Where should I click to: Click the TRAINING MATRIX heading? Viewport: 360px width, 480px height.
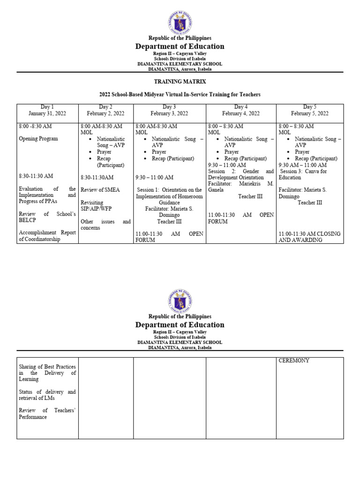pos(180,82)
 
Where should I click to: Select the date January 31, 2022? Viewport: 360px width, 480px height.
pos(47,113)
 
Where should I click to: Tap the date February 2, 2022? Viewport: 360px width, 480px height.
pos(105,113)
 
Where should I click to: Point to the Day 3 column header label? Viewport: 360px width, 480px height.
pos(169,107)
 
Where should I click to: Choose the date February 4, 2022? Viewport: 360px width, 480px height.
pos(241,113)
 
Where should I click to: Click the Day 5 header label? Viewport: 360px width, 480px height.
pos(310,107)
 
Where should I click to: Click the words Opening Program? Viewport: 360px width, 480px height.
pos(38,139)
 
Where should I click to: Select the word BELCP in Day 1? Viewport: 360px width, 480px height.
pos(28,220)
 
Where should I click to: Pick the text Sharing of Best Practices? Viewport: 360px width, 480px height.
pos(47,367)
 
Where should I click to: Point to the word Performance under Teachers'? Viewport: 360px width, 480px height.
pos(33,417)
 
